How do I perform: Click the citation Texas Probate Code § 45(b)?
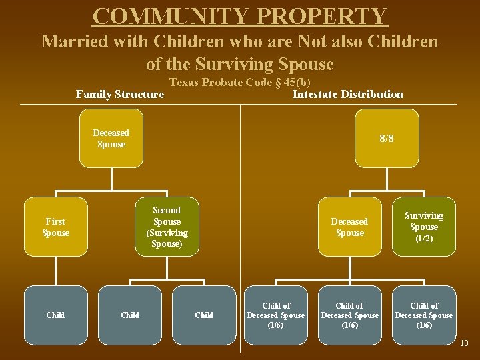[x=240, y=83]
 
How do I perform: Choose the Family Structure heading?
[x=120, y=94]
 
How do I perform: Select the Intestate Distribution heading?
[x=347, y=94]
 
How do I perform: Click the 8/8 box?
[x=387, y=139]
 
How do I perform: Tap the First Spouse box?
[x=55, y=227]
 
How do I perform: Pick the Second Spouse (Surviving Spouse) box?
[x=167, y=227]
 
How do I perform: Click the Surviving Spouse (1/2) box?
[x=424, y=227]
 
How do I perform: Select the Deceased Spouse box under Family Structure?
[x=111, y=138]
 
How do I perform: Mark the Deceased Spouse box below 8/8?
[x=349, y=227]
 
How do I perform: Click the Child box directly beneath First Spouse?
[x=55, y=315]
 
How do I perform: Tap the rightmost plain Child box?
[x=204, y=315]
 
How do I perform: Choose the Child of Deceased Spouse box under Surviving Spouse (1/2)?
[x=424, y=315]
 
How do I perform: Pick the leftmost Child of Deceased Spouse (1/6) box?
[x=275, y=315]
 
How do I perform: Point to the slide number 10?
[x=464, y=343]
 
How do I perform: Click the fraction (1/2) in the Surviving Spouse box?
[x=424, y=238]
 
